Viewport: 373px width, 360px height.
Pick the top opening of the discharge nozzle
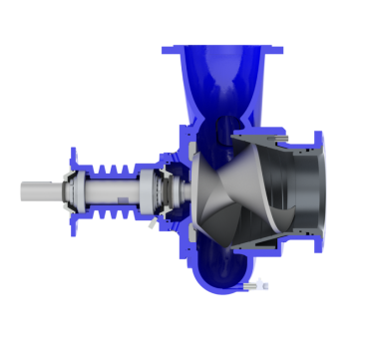[220, 50]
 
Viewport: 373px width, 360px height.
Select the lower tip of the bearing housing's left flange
[75, 223]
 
